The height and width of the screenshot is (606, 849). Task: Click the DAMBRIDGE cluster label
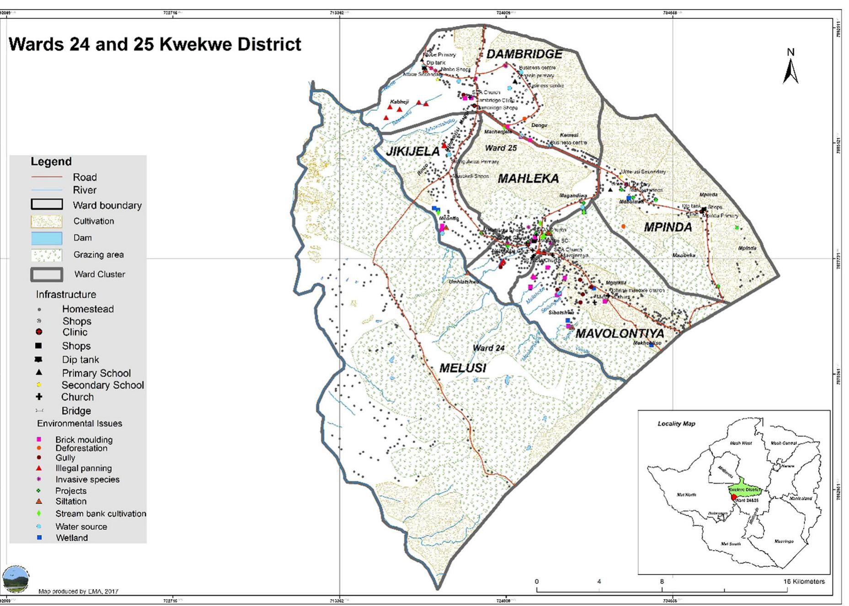pos(524,54)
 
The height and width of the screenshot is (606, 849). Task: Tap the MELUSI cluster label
pos(463,368)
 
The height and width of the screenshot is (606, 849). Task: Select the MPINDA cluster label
pos(667,227)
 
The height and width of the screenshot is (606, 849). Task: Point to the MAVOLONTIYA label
pos(619,333)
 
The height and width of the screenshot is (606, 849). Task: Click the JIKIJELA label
pos(412,151)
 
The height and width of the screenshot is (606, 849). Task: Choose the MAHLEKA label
pos(528,179)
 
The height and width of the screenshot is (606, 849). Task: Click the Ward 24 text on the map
pos(488,348)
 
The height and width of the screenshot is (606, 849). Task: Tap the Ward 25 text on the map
pos(501,148)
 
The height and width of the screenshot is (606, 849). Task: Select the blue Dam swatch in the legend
pos(47,238)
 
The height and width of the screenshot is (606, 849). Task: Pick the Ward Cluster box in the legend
pos(47,274)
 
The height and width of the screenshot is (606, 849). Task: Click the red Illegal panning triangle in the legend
pos(39,468)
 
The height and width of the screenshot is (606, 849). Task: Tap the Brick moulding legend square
pos(39,439)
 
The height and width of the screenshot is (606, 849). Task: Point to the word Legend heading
pos(51,162)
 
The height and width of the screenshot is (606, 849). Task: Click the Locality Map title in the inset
pos(676,424)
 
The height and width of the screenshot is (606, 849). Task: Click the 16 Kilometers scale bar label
pos(804,581)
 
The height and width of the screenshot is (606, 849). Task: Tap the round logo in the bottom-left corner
pos(16,579)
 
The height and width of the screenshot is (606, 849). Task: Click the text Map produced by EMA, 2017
pos(78,591)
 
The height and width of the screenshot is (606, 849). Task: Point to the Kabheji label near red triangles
pos(399,102)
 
